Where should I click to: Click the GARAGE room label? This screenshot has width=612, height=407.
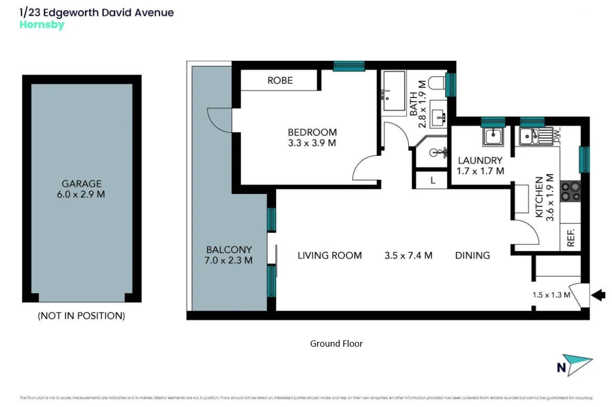pyautogui.click(x=81, y=184)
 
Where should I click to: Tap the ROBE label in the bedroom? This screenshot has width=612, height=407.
pyautogui.click(x=280, y=80)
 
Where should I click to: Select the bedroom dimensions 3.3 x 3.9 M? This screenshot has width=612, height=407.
pyautogui.click(x=312, y=143)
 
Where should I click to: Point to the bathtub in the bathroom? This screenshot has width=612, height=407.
pyautogui.click(x=393, y=91)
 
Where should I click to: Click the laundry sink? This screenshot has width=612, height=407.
pyautogui.click(x=493, y=136)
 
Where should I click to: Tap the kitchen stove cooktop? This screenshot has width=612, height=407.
pyautogui.click(x=570, y=191)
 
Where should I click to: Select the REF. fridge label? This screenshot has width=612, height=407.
pyautogui.click(x=571, y=238)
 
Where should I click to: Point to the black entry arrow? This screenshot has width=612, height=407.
pyautogui.click(x=598, y=295)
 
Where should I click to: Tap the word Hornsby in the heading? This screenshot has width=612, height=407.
pyautogui.click(x=41, y=25)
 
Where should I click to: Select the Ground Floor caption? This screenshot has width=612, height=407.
pyautogui.click(x=336, y=344)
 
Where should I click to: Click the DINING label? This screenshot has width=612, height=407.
pyautogui.click(x=472, y=255)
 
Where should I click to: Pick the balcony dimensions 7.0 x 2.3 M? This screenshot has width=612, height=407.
pyautogui.click(x=229, y=260)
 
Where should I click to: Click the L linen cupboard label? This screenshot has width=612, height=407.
pyautogui.click(x=432, y=180)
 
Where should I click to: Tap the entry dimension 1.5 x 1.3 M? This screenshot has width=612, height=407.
pyautogui.click(x=551, y=295)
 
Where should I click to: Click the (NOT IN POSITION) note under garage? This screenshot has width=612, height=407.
pyautogui.click(x=81, y=316)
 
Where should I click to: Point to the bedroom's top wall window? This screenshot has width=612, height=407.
pyautogui.click(x=349, y=66)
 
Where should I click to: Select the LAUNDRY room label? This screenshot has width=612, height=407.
pyautogui.click(x=480, y=160)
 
